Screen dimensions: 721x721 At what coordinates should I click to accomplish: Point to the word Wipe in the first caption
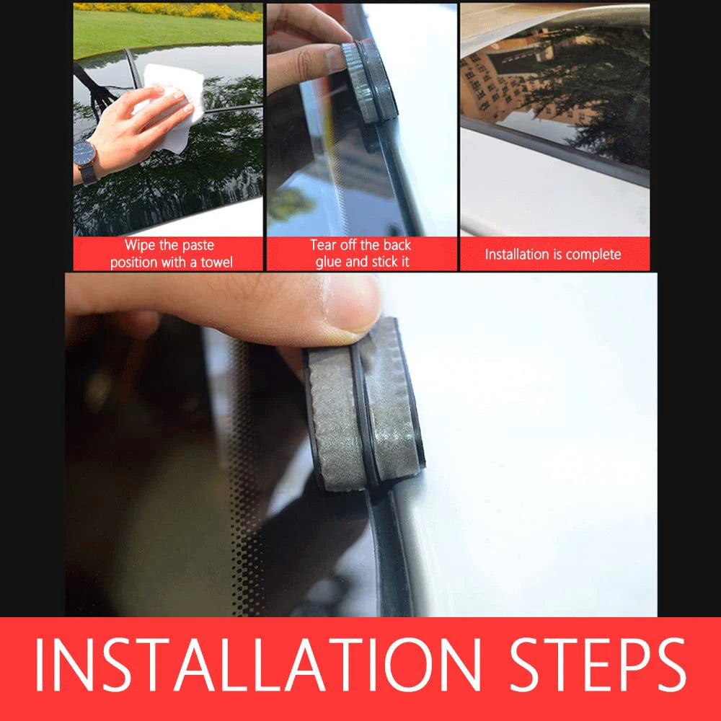140,246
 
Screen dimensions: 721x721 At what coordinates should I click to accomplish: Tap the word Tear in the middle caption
324,246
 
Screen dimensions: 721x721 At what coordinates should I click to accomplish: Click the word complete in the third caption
593,255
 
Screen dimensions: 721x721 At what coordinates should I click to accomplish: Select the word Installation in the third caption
516,255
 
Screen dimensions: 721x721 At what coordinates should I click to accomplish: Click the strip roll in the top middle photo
368,83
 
